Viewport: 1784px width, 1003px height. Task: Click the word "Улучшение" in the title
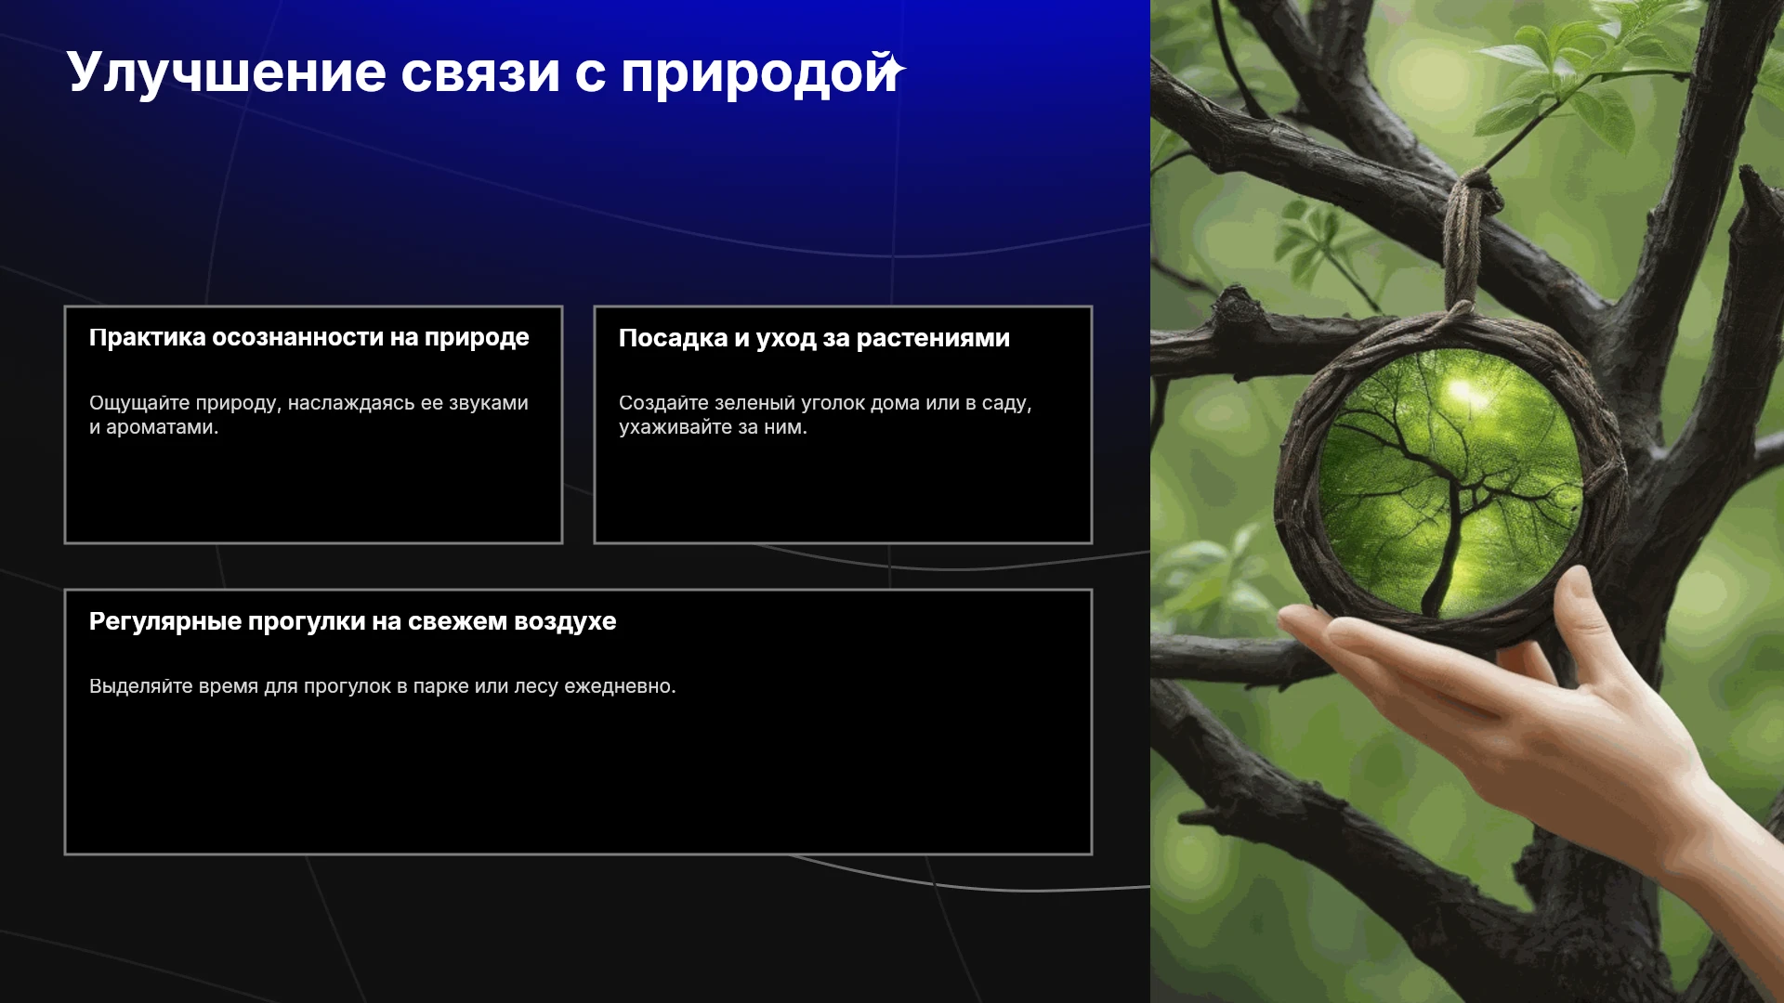tap(226, 72)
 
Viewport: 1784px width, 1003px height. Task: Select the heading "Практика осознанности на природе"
tap(308, 338)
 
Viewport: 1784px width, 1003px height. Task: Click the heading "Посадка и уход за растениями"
tap(814, 338)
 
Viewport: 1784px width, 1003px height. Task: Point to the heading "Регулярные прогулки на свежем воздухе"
tap(352, 621)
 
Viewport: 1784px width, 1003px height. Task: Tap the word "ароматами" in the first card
tap(159, 428)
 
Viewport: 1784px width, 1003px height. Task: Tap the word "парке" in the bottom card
tap(440, 687)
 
